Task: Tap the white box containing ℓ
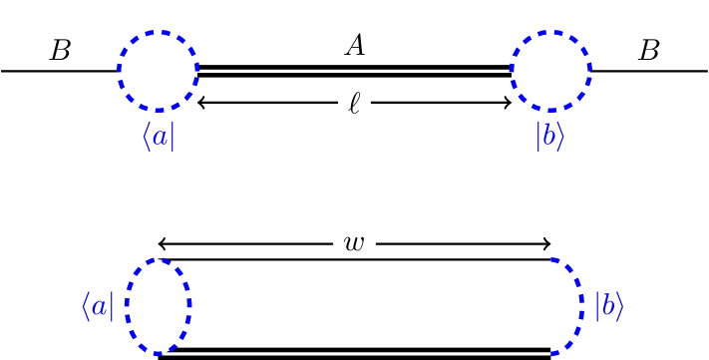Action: pyautogui.click(x=354, y=103)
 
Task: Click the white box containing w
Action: pyautogui.click(x=354, y=242)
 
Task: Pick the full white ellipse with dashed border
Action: pyautogui.click(x=158, y=306)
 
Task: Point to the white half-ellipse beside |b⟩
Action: pyautogui.click(x=564, y=306)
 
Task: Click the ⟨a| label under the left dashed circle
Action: pyautogui.click(x=158, y=137)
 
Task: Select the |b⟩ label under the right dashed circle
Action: pyautogui.click(x=550, y=137)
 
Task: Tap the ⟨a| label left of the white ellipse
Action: pyautogui.click(x=98, y=306)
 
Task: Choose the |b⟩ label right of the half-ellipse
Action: pyautogui.click(x=608, y=306)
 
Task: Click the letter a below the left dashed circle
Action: pyautogui.click(x=159, y=138)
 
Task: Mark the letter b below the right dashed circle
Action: pyautogui.click(x=549, y=137)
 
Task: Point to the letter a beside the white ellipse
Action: pyautogui.click(x=99, y=307)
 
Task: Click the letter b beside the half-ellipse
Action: pyautogui.click(x=607, y=306)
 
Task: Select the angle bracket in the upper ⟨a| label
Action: pyautogui.click(x=146, y=137)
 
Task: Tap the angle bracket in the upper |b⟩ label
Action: pyautogui.click(x=561, y=137)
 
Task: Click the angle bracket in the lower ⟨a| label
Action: pyautogui.click(x=86, y=306)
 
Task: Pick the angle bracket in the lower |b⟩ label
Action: pyautogui.click(x=620, y=306)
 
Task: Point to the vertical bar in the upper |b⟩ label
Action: pyautogui.click(x=538, y=137)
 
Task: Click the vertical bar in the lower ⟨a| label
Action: pyautogui.click(x=113, y=306)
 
